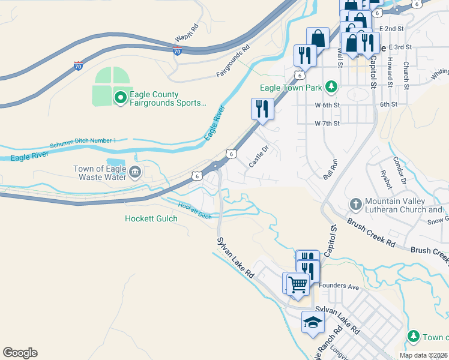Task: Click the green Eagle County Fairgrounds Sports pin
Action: [121, 95]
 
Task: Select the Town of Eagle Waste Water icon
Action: [134, 173]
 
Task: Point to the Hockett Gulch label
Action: [151, 219]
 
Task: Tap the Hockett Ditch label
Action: [195, 211]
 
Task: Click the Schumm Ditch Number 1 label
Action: [83, 143]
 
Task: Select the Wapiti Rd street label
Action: [187, 32]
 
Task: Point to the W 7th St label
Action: [328, 124]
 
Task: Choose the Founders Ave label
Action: [339, 287]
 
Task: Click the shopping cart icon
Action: [297, 283]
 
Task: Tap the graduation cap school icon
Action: [313, 322]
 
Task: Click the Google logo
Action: [20, 353]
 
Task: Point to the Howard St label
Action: [390, 71]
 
